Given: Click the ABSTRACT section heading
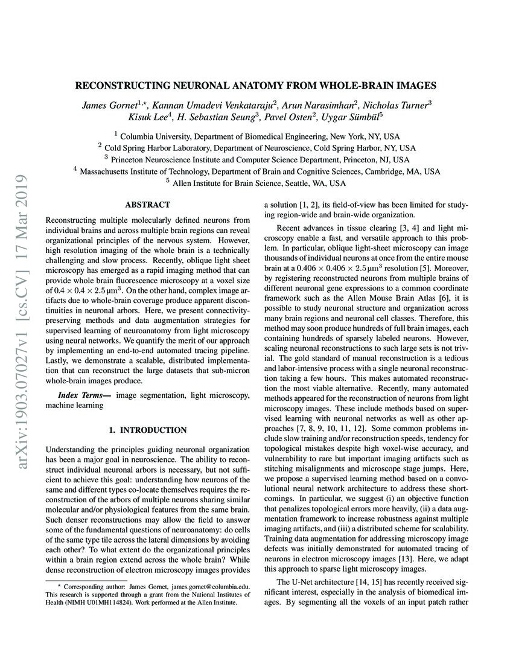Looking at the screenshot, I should click(x=147, y=205).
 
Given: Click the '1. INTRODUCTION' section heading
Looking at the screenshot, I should click(x=147, y=430).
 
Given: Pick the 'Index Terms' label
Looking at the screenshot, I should click(x=83, y=395).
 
